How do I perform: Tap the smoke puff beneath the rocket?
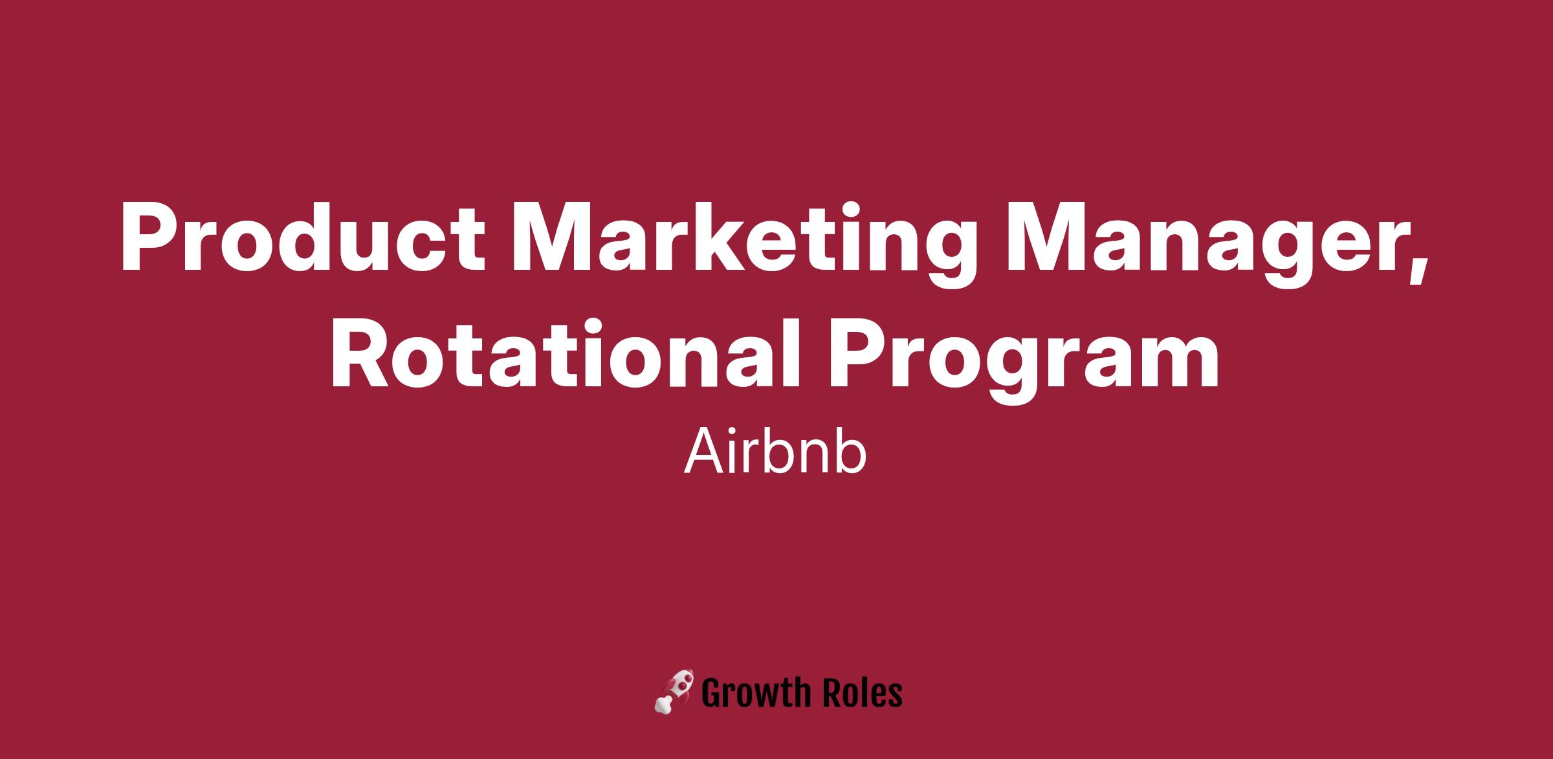663,705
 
